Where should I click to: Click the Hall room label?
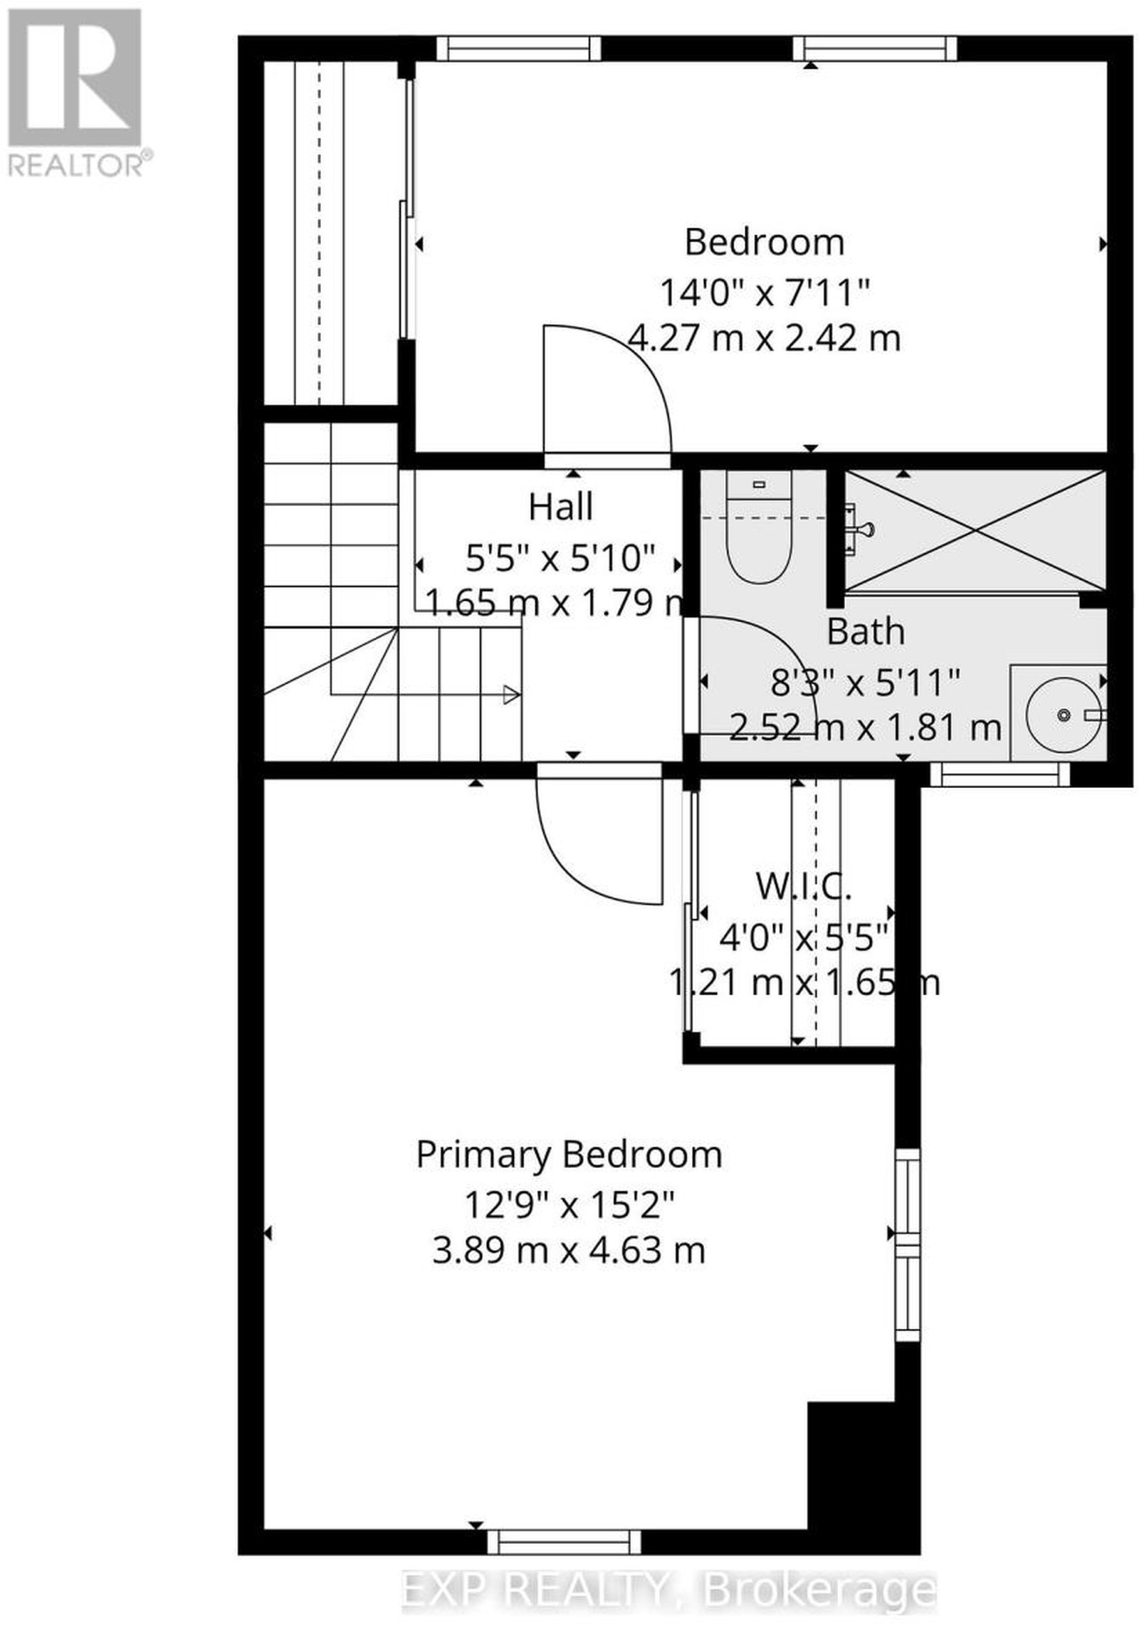[x=560, y=507]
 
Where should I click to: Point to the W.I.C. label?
[x=803, y=887]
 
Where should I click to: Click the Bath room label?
[x=866, y=631]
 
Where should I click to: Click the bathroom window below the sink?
[x=1000, y=774]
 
